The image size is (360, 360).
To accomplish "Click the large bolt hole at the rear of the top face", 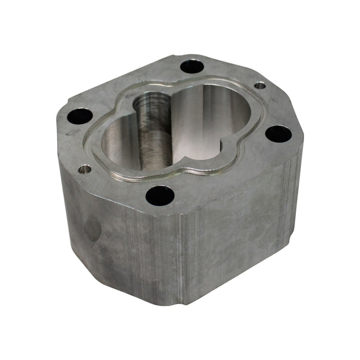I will (x=192, y=66).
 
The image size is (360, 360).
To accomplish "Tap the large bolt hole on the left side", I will (x=80, y=116).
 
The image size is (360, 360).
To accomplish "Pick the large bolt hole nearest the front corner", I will (x=159, y=195).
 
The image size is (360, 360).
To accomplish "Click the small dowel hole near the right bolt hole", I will (x=260, y=85).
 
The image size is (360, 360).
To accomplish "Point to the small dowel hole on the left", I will (x=85, y=169).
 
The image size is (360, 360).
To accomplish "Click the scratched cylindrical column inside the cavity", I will (x=154, y=134).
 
